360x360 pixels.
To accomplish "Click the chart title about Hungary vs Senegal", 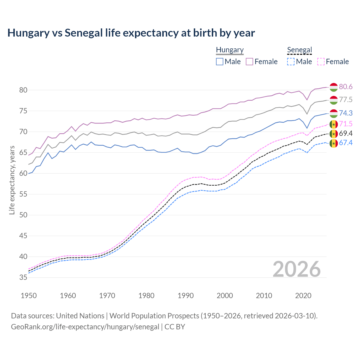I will (131, 33).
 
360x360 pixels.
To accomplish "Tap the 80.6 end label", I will (346, 87).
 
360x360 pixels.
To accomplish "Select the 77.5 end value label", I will (346, 100).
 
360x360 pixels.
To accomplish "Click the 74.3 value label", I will (346, 113).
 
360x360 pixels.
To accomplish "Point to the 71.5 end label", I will (346, 124).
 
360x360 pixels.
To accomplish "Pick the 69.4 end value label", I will (346, 133).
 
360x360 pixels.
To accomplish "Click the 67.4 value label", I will (346, 143).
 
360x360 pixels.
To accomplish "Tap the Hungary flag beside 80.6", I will (334, 87).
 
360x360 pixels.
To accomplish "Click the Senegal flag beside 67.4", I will (334, 143).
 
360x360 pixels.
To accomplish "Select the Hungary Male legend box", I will (220, 62).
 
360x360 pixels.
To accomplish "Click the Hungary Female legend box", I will (249, 62).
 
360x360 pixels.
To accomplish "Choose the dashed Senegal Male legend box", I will (291, 62).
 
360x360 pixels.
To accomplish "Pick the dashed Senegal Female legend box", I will (321, 62).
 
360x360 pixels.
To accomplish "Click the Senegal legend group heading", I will (300, 50).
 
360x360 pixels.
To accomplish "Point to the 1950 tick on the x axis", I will (29, 296).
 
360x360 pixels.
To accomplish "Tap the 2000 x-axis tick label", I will (225, 296).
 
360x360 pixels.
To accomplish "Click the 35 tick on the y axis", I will (23, 278).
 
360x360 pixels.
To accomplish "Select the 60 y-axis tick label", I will (23, 174).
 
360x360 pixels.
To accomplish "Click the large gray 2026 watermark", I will (296, 269).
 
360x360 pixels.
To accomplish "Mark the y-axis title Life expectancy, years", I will (12, 180).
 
